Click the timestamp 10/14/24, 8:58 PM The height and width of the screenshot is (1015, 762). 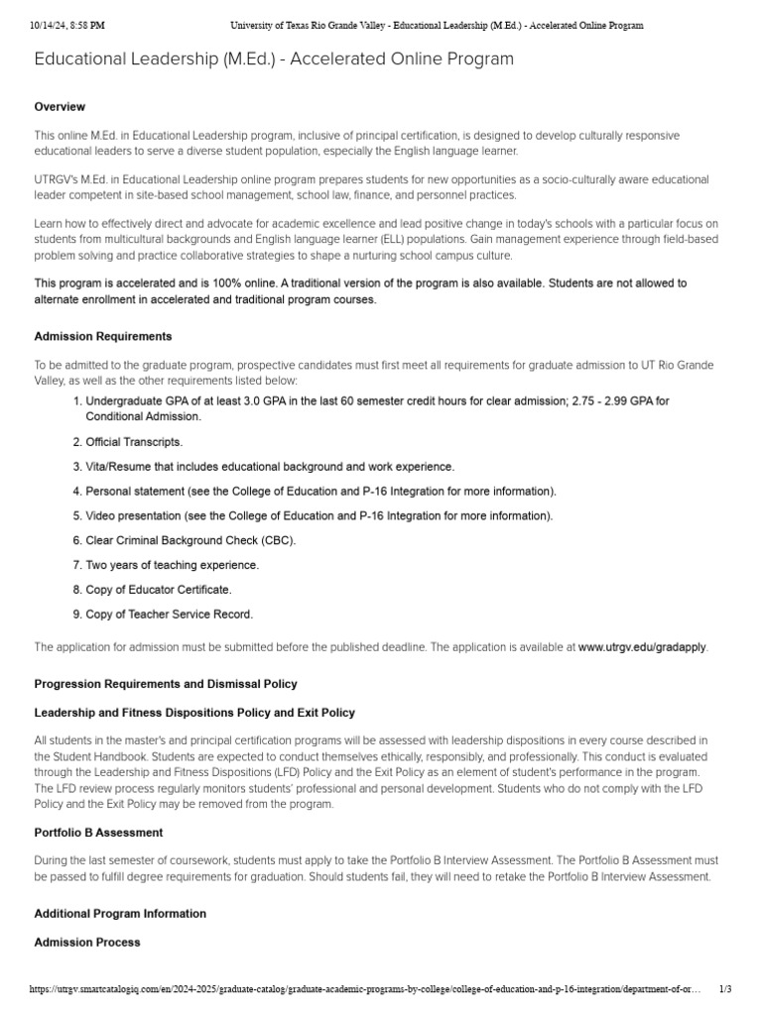coord(67,25)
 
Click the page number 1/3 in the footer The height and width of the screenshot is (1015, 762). coord(725,990)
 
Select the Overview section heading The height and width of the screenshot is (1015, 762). coord(60,107)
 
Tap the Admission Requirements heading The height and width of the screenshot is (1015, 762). coord(103,337)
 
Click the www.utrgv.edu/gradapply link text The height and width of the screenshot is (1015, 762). coord(642,647)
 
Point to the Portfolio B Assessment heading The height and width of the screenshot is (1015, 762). coord(99,833)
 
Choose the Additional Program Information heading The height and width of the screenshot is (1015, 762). coord(120,914)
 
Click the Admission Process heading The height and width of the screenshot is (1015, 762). coord(87,943)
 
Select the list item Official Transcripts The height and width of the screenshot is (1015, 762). coord(134,442)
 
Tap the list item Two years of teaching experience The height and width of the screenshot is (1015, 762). coord(172,565)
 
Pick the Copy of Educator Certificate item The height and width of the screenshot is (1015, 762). coord(159,590)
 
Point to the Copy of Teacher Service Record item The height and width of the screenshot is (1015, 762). coord(169,615)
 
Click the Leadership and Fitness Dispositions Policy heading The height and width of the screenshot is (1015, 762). coord(194,713)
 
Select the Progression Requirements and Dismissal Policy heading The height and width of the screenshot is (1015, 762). coord(166,684)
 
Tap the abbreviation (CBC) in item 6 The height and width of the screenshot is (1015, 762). coord(278,540)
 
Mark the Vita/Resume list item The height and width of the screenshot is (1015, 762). coord(270,467)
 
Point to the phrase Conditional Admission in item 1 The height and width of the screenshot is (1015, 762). coord(143,417)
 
